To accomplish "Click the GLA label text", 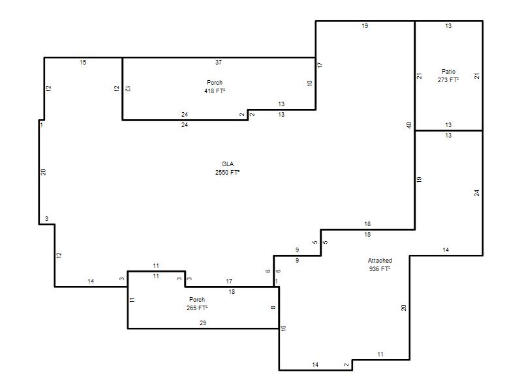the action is coord(228,164).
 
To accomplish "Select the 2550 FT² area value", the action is coord(227,172).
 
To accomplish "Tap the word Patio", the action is coord(448,72).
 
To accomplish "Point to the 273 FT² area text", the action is coord(448,80).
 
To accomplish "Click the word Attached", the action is coord(380,260).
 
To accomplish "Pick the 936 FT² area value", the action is coord(380,268).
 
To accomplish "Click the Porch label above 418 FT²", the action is coord(215,83).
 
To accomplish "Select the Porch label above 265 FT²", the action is coord(197,300).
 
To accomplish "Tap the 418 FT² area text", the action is coord(215,91).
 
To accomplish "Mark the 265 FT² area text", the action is coord(197,308).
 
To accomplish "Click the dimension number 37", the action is coord(219,62).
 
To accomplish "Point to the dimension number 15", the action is coord(83,62).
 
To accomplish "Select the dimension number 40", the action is coord(409,125).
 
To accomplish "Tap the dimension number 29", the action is coord(203,323).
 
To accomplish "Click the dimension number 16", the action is coord(283,328).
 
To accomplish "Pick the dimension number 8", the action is coord(273,308).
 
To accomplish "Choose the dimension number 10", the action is coord(309,83).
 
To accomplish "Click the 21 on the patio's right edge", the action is coord(477,76).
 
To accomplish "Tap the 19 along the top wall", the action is coord(365,26).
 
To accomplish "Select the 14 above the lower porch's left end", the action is coord(91,282).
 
